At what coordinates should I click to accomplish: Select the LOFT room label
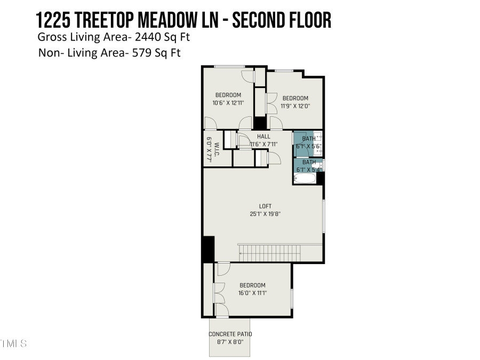click(x=266, y=206)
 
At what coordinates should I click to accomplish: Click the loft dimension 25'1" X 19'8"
click(x=266, y=213)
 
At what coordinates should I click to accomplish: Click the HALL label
click(x=263, y=137)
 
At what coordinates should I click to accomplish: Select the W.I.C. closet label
click(x=210, y=150)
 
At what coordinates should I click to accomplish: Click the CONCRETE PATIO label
click(x=230, y=334)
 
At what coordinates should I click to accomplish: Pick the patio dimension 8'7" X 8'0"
click(x=229, y=342)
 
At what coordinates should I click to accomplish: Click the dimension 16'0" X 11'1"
click(x=252, y=293)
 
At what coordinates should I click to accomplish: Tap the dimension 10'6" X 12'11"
click(x=228, y=103)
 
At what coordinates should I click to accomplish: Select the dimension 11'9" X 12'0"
click(x=295, y=106)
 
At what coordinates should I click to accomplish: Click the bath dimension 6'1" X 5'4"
click(x=309, y=170)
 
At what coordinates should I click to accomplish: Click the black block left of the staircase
click(x=208, y=249)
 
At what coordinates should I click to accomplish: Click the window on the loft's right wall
click(x=324, y=216)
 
